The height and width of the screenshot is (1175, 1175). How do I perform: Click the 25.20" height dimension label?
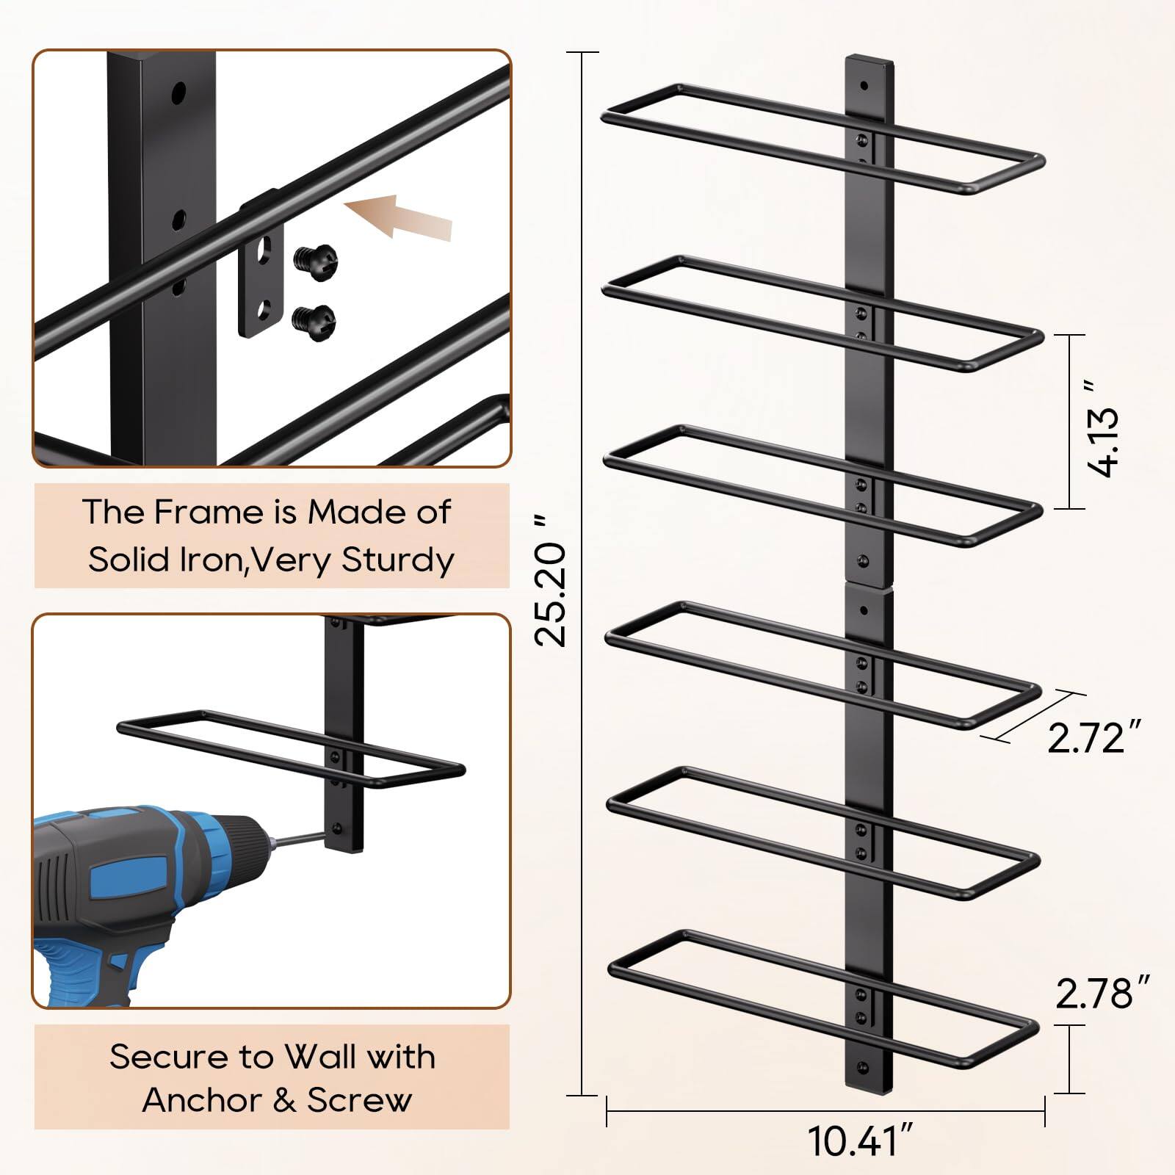point(551,580)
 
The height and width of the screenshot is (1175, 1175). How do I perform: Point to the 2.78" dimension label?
point(1102,993)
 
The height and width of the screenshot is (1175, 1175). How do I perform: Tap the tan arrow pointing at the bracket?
point(400,217)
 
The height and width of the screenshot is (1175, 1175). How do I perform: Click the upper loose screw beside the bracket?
point(314,258)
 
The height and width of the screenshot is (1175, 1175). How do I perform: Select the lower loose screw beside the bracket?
point(314,317)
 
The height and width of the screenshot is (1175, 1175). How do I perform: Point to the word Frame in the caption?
point(198,512)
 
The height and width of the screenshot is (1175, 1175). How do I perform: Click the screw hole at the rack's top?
point(864,86)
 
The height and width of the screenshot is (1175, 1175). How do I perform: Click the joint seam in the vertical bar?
point(869,585)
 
